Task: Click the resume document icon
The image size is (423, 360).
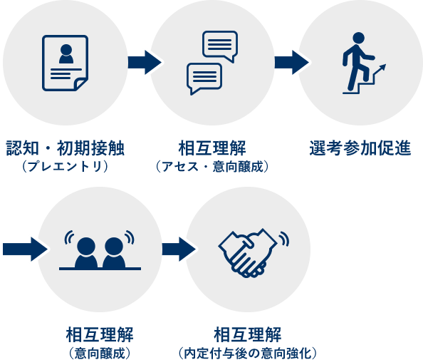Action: tap(65, 63)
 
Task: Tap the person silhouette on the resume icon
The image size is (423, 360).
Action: tap(66, 54)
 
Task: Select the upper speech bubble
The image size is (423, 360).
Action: tap(220, 46)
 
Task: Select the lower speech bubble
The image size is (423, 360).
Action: tap(204, 78)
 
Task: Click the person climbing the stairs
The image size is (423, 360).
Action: tap(357, 61)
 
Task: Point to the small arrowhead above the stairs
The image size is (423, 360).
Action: tap(383, 67)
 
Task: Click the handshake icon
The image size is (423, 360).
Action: tap(253, 253)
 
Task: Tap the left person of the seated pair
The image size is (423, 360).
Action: tap(86, 253)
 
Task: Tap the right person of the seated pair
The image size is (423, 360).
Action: tap(114, 253)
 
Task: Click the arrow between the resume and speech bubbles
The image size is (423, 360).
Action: tap(145, 63)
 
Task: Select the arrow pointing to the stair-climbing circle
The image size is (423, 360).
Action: tap(292, 63)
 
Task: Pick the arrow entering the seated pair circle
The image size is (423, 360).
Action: tap(25, 249)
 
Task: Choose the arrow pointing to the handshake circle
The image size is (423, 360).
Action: tap(179, 249)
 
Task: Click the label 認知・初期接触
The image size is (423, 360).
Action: tap(65, 148)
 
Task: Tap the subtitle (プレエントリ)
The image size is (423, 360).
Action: tap(65, 166)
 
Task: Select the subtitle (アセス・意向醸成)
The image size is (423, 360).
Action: tap(212, 166)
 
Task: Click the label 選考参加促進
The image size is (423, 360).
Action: tap(360, 148)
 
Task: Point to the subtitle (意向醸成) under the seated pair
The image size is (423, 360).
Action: tap(100, 353)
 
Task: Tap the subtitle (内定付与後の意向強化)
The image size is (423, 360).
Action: tap(247, 353)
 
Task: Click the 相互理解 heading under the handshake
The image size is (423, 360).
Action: tap(247, 335)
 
